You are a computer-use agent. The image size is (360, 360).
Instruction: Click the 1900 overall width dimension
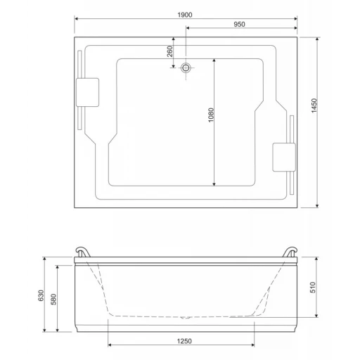(185, 15)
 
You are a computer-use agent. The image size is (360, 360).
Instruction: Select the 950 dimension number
(239, 25)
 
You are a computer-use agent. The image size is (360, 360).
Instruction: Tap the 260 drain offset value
(169, 51)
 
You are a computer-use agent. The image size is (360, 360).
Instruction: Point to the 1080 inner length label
(211, 115)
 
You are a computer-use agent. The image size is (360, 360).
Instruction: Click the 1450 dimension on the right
(314, 105)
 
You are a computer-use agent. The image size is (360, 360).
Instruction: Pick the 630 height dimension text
(41, 295)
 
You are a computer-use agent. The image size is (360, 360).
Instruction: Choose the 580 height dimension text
(53, 300)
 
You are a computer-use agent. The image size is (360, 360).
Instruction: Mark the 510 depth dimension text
(313, 288)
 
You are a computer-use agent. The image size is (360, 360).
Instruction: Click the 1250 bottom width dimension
(184, 341)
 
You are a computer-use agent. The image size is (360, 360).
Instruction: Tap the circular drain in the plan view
(186, 68)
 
